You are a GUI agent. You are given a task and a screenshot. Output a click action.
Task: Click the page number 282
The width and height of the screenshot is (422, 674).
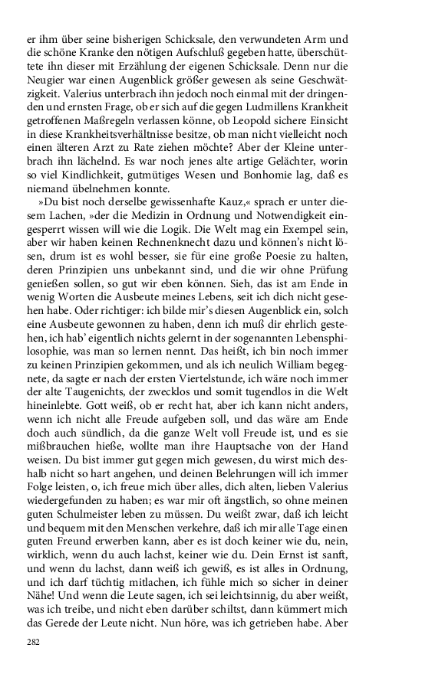point(33,642)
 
